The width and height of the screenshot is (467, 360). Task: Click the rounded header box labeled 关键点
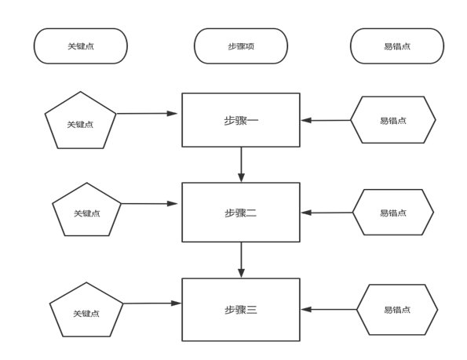click(x=80, y=46)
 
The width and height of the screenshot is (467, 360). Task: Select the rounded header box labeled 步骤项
click(x=241, y=46)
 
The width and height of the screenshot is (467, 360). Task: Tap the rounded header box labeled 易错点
click(x=397, y=46)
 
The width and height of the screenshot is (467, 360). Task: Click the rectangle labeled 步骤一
click(x=241, y=120)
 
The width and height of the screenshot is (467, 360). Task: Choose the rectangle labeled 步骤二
click(x=241, y=212)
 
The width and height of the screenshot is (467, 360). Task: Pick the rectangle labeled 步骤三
click(x=241, y=310)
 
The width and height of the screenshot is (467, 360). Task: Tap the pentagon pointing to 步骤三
click(x=86, y=310)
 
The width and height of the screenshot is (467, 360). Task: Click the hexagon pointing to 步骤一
click(x=393, y=120)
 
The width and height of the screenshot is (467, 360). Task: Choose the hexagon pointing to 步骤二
click(x=393, y=212)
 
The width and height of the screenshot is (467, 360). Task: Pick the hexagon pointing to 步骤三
click(x=397, y=310)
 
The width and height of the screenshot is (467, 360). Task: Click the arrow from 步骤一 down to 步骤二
click(x=241, y=165)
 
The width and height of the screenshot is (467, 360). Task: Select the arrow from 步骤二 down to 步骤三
click(x=241, y=260)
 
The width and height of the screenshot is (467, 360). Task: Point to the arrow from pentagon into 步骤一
click(x=147, y=114)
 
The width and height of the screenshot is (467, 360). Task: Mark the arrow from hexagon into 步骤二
click(x=327, y=213)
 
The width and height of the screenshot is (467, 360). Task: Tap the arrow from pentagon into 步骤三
click(x=152, y=304)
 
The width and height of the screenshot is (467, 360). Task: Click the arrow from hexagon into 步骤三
click(x=329, y=310)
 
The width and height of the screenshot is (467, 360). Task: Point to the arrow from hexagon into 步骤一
click(x=326, y=120)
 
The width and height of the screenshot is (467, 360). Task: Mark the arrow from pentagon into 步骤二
click(x=149, y=203)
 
